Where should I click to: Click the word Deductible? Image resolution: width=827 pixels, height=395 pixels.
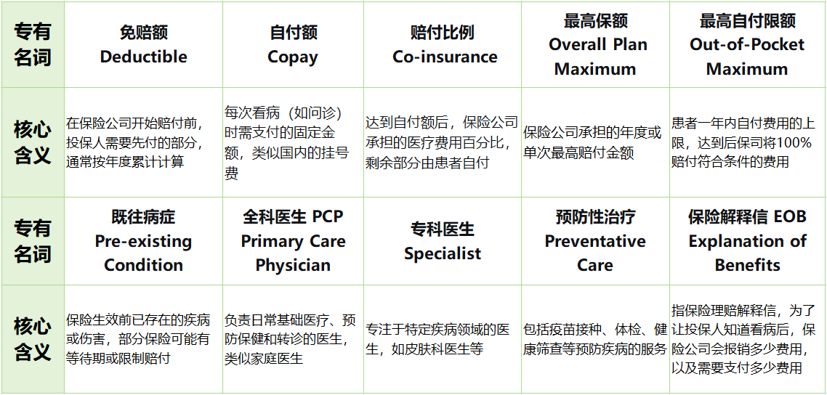[143, 57]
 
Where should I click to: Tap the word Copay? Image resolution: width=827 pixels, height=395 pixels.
[293, 57]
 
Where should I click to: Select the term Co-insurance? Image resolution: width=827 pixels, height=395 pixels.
[445, 57]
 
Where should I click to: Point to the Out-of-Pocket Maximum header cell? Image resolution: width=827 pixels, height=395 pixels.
[747, 45]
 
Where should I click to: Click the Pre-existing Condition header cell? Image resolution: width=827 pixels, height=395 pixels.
[143, 241]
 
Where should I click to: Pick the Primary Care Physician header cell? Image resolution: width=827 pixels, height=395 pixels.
[293, 241]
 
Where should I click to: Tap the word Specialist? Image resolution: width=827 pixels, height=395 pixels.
[443, 253]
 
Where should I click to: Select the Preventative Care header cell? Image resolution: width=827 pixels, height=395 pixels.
[595, 241]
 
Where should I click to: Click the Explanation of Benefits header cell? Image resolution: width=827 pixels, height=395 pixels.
[747, 241]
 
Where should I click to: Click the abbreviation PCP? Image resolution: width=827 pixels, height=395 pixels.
[328, 217]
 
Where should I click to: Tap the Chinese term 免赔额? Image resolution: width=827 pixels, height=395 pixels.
[143, 33]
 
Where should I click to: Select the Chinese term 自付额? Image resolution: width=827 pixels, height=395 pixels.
[293, 33]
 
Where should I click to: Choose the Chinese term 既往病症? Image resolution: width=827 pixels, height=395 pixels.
[143, 217]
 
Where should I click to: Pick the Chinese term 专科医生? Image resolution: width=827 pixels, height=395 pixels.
[442, 229]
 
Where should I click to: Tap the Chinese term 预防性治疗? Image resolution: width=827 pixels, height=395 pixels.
[595, 217]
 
